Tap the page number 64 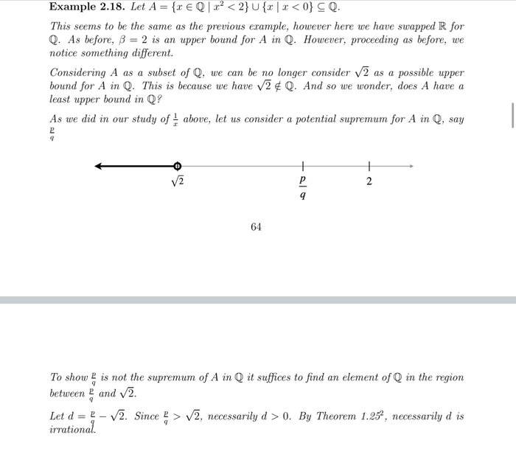pyautogui.click(x=256, y=227)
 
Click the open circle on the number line pyautogui.click(x=177, y=167)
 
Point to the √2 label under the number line pyautogui.click(x=176, y=181)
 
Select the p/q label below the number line pyautogui.click(x=302, y=189)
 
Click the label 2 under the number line pyautogui.click(x=369, y=181)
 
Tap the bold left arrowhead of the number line pyautogui.click(x=99, y=167)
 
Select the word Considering pyautogui.click(x=78, y=73)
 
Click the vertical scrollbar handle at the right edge pyautogui.click(x=512, y=116)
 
